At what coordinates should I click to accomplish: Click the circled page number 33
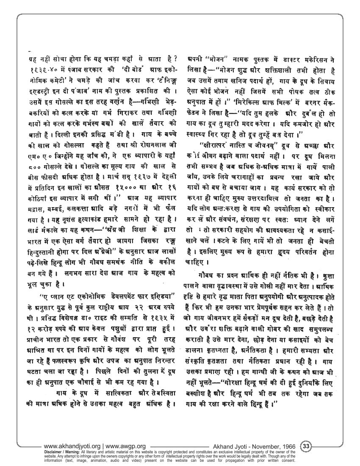(306, 446)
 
